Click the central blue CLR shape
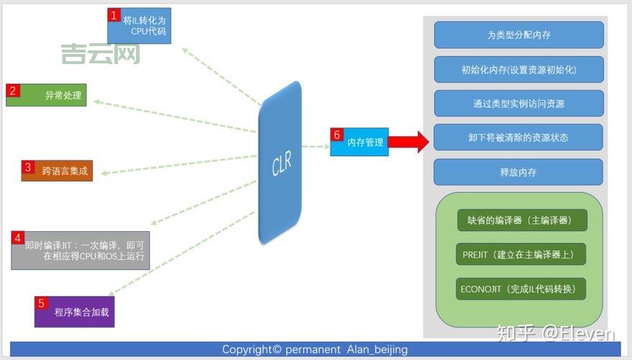pyautogui.click(x=280, y=163)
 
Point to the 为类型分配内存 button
pyautogui.click(x=518, y=35)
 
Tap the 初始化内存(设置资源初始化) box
pyautogui.click(x=518, y=69)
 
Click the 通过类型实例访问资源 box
pyautogui.click(x=518, y=104)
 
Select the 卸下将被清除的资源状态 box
pyautogui.click(x=518, y=138)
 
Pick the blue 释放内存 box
pyautogui.click(x=518, y=172)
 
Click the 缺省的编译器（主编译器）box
pyautogui.click(x=522, y=220)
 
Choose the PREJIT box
pyautogui.click(x=522, y=255)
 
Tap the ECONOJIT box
pyautogui.click(x=522, y=289)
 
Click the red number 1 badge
pyautogui.click(x=113, y=14)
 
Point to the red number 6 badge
pyautogui.click(x=336, y=135)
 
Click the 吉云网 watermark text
pyautogui.click(x=100, y=54)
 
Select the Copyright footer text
pyautogui.click(x=315, y=349)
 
